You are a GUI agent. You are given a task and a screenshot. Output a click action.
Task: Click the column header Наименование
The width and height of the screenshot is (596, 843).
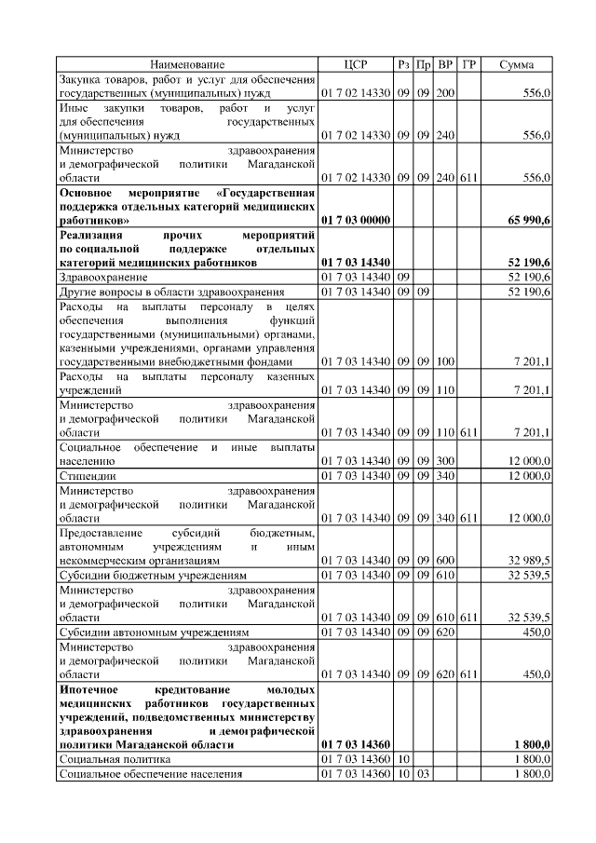pyautogui.click(x=187, y=64)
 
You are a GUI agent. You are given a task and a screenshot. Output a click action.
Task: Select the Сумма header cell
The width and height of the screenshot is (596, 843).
pyautogui.click(x=517, y=64)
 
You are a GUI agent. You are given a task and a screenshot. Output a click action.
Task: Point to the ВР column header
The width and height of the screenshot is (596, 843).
pyautogui.click(x=445, y=64)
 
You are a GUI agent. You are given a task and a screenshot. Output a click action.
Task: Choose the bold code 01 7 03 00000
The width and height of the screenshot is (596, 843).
pyautogui.click(x=357, y=221)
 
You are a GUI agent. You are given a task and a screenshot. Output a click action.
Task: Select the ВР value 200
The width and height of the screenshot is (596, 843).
pyautogui.click(x=445, y=94)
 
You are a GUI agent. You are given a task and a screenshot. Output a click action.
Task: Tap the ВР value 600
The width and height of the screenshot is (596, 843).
pyautogui.click(x=445, y=562)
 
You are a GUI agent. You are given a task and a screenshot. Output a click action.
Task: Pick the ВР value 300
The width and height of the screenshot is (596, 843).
pyautogui.click(x=445, y=461)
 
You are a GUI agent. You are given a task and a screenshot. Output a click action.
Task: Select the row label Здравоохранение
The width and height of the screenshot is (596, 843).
pyautogui.click(x=102, y=278)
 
